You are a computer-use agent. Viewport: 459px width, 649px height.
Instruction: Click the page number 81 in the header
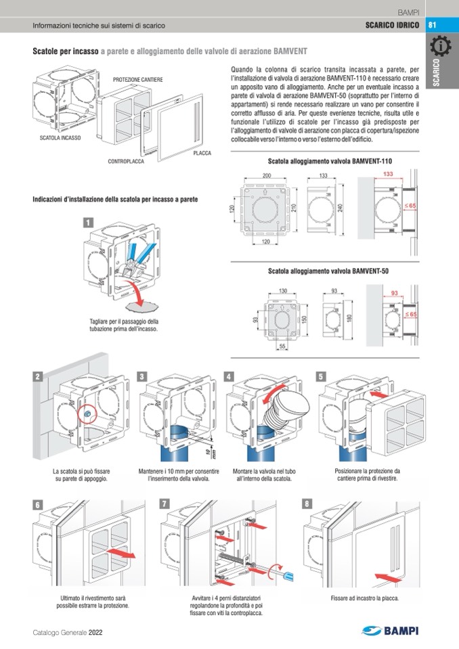tap(433, 26)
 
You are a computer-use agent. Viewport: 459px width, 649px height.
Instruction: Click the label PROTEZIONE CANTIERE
tap(137, 80)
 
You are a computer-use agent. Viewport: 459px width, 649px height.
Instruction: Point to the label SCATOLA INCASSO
tap(60, 137)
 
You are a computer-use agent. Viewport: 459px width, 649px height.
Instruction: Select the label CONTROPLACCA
tap(127, 162)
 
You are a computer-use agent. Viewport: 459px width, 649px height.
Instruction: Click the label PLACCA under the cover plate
tap(202, 154)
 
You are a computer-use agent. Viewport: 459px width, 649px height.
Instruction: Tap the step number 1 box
tap(88, 222)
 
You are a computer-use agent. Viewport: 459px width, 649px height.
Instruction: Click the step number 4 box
tap(230, 376)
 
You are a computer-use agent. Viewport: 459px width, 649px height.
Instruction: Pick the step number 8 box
tap(307, 503)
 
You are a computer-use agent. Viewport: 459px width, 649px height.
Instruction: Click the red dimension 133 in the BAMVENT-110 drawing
tap(388, 175)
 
